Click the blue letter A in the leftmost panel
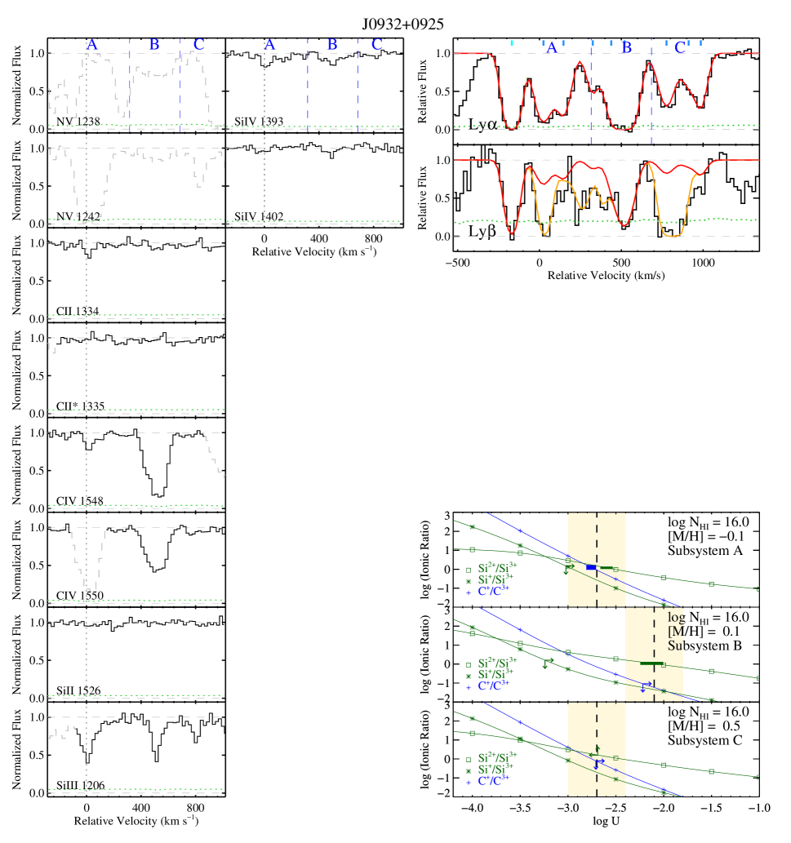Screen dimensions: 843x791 [x=92, y=44]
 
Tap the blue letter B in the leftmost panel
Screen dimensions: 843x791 [x=154, y=44]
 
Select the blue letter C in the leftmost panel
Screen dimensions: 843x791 [x=198, y=44]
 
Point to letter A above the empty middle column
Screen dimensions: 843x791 [x=270, y=44]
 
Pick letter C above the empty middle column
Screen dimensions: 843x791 [x=377, y=44]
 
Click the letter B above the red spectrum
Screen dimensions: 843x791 [x=626, y=47]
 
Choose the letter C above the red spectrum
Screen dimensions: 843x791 [x=679, y=47]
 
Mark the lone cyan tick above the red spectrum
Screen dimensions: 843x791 [x=512, y=42]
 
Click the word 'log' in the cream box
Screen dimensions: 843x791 [x=675, y=618]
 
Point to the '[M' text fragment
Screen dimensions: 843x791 [x=675, y=632]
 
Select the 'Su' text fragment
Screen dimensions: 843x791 [x=675, y=646]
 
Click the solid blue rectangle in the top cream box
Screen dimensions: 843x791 [x=591, y=567]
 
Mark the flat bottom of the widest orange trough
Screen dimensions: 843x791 [x=674, y=235]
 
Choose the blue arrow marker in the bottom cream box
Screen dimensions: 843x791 [x=598, y=764]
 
